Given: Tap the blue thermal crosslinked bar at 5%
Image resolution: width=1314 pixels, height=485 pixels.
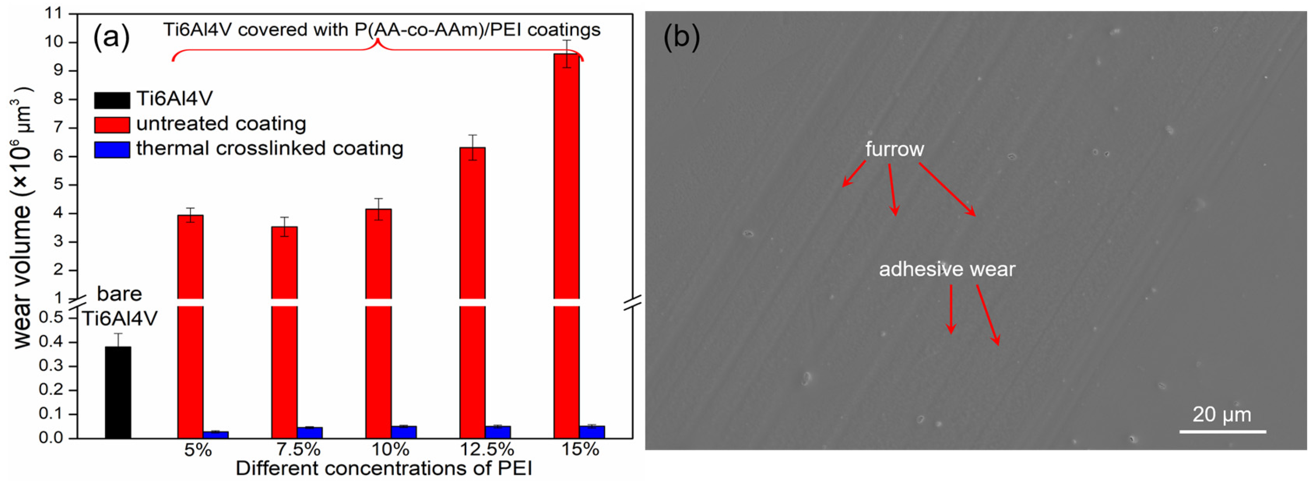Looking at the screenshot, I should click(x=216, y=435).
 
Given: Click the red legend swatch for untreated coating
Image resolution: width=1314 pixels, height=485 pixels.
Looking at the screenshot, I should click(x=112, y=124).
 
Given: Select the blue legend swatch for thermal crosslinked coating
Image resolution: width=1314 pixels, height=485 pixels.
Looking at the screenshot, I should click(x=112, y=149).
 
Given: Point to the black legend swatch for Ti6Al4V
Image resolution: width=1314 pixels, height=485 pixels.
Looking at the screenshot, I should click(x=112, y=100).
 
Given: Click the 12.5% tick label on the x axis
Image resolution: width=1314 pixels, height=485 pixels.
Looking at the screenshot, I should click(x=487, y=449).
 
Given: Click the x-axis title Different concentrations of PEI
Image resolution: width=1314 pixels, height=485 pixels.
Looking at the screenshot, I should click(x=384, y=468).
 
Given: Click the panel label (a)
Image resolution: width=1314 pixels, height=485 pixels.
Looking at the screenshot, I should click(x=111, y=37).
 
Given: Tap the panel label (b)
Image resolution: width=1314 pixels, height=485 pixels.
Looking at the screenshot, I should click(x=681, y=37).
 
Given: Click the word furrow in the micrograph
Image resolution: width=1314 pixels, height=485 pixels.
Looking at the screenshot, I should click(x=894, y=149).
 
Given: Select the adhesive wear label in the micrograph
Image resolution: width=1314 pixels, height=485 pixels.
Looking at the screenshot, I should click(x=947, y=269).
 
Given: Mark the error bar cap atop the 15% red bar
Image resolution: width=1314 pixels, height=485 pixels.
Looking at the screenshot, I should click(x=566, y=40).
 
